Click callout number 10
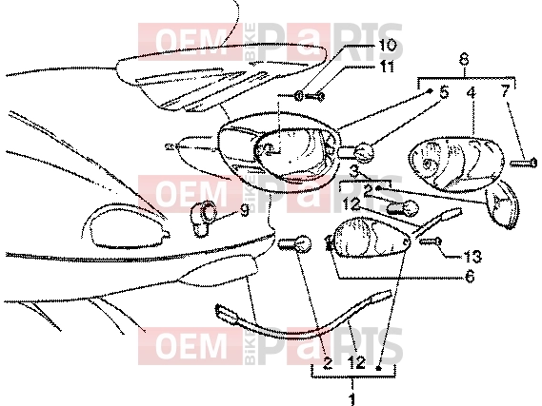387,46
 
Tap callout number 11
387,67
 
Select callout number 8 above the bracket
464,59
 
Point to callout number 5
444,92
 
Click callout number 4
471,92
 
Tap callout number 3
353,170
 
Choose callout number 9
245,210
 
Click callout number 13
472,257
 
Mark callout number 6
470,277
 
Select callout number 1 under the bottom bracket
351,399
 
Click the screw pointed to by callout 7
524,163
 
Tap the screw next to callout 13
431,242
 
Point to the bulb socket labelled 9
204,219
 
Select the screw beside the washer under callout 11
315,97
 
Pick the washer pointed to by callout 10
299,96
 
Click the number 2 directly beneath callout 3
368,190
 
